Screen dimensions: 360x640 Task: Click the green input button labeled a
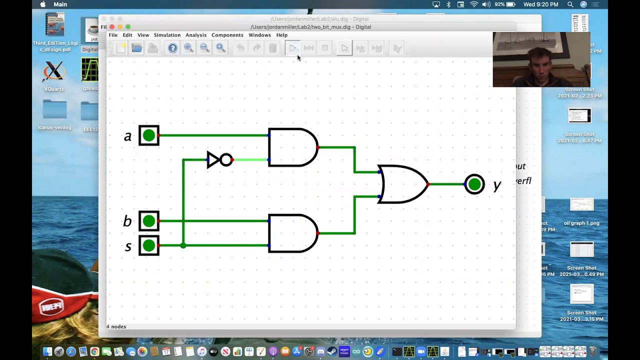149,135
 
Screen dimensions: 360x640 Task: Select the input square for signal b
149,221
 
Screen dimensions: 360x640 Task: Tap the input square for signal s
149,245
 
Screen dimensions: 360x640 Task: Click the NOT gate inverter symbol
219,160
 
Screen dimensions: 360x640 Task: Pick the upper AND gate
292,147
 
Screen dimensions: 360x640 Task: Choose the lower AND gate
292,233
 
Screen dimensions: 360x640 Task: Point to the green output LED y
474,184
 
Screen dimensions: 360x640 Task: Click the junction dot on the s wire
183,245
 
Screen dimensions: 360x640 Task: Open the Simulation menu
167,35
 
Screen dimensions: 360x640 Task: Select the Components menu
227,35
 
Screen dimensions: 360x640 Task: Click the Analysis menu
196,35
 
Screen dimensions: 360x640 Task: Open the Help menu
282,35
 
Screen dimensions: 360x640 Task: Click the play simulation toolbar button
292,48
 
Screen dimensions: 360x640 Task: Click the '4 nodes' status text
116,326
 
